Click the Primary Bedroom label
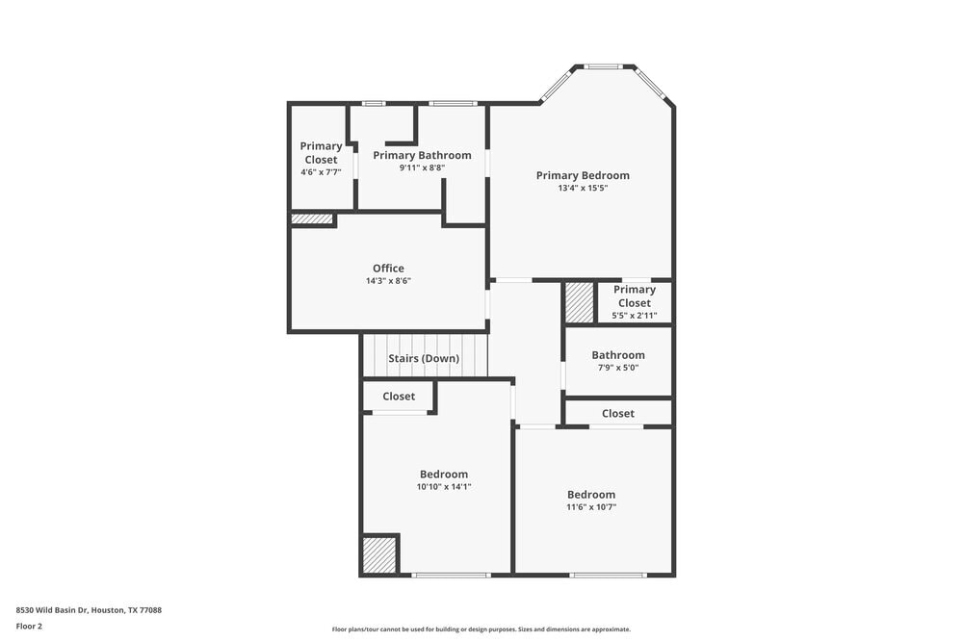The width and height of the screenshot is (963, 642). click(583, 175)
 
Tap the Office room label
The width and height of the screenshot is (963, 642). click(388, 269)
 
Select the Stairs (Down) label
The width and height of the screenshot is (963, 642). click(424, 359)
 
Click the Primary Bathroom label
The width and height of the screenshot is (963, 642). click(422, 155)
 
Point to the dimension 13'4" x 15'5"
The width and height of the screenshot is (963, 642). click(583, 189)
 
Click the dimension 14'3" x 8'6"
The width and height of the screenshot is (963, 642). click(388, 281)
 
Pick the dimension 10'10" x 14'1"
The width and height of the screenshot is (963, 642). click(444, 487)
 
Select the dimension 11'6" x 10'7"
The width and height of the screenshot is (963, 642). click(591, 507)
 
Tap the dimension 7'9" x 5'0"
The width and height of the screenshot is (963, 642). click(618, 368)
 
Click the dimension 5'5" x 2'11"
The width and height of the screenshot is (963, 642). click(635, 316)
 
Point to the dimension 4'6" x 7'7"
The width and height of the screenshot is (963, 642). click(321, 172)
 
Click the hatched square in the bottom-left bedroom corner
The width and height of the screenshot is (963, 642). click(379, 555)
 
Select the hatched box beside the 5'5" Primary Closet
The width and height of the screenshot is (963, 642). click(579, 303)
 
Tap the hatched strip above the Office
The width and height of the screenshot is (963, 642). click(312, 219)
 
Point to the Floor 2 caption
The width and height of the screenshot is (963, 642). click(29, 626)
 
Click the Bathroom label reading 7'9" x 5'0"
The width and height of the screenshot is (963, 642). click(618, 355)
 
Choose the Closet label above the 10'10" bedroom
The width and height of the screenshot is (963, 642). click(399, 397)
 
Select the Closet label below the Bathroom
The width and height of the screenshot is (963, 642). click(618, 414)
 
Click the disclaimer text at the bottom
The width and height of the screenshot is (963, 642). click(481, 629)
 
